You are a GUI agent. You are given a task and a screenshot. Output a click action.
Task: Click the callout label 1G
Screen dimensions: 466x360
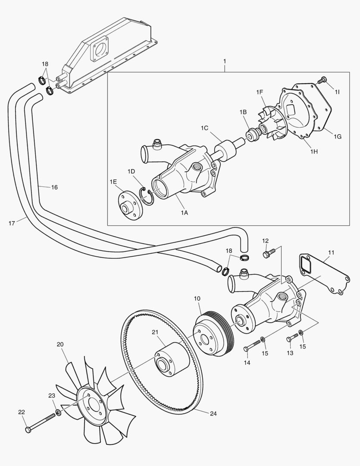[x=338, y=136]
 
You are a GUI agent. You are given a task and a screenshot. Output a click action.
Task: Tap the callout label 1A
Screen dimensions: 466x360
[x=184, y=212]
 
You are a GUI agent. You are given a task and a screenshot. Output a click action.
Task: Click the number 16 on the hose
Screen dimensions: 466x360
[x=54, y=187]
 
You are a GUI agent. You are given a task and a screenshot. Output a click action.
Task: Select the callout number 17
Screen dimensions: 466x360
[x=12, y=223]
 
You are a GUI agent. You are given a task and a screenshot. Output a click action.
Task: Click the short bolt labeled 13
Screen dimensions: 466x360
[x=293, y=336]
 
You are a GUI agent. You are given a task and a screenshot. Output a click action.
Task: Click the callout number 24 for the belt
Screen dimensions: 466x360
[x=213, y=413]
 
